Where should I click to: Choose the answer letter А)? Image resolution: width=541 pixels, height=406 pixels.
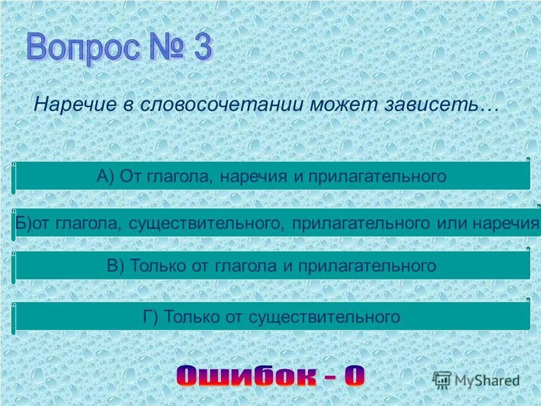coord(105,176)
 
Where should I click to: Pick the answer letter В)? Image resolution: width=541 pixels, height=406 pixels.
coord(116,266)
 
